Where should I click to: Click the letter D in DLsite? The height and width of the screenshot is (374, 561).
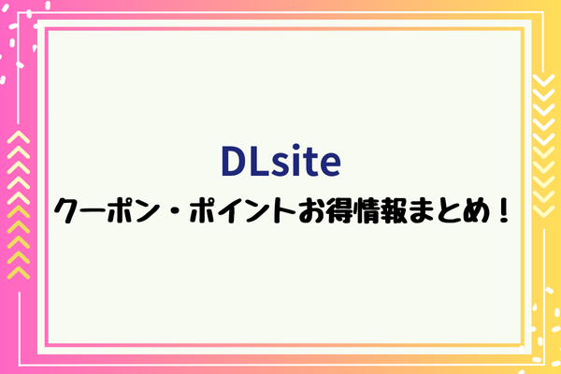click(236, 161)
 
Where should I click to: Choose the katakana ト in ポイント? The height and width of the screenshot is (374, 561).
click(285, 210)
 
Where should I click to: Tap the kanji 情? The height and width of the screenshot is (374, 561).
click(368, 210)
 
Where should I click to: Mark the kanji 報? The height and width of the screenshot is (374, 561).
click(395, 210)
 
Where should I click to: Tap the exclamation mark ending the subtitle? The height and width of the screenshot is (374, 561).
click(503, 210)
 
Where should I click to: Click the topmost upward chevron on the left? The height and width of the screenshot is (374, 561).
click(19, 137)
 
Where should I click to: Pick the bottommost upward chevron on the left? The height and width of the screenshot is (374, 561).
click(19, 272)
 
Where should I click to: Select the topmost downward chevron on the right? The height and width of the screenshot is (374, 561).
click(543, 80)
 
